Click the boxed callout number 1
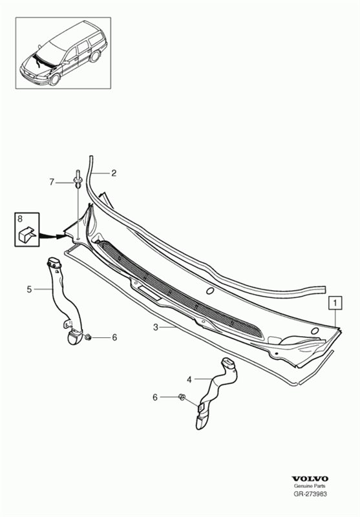(335, 303)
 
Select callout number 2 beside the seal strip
(114, 173)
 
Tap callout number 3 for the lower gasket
(156, 327)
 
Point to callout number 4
(189, 379)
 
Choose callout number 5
(29, 290)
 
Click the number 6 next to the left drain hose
(114, 337)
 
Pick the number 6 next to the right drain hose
(155, 397)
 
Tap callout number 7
(52, 182)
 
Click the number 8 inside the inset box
(20, 218)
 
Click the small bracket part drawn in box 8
(27, 235)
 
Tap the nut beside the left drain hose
(89, 337)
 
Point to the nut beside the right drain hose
(182, 397)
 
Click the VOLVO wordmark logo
(310, 479)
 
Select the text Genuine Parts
(310, 486)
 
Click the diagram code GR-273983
(310, 494)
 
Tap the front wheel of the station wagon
(54, 79)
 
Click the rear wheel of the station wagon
(94, 56)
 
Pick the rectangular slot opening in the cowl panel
(149, 293)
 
